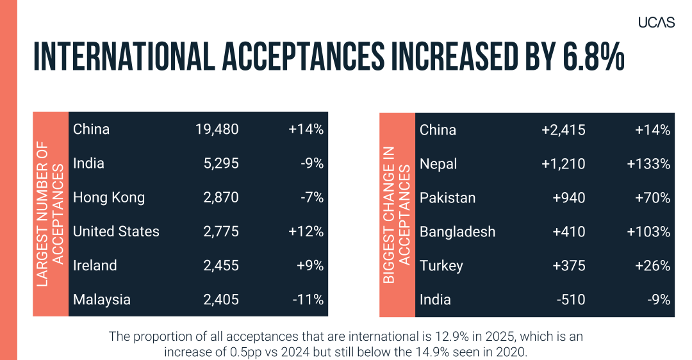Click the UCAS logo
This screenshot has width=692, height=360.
tap(656, 22)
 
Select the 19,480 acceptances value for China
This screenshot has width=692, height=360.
tap(217, 129)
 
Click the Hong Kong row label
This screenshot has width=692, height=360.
tap(109, 197)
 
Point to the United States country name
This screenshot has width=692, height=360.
tap(116, 231)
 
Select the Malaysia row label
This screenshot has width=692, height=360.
tap(101, 299)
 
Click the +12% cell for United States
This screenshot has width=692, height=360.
tap(306, 231)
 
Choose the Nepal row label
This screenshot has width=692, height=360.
tap(438, 164)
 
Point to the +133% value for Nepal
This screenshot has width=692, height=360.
tap(648, 164)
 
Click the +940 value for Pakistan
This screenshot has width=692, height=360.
tap(569, 198)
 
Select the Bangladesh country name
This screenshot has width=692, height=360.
tap(457, 232)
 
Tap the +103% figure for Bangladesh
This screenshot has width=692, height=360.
tap(648, 232)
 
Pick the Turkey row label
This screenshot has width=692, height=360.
tap(441, 266)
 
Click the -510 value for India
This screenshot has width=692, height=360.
tap(572, 300)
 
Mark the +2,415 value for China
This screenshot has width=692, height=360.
tap(563, 130)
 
